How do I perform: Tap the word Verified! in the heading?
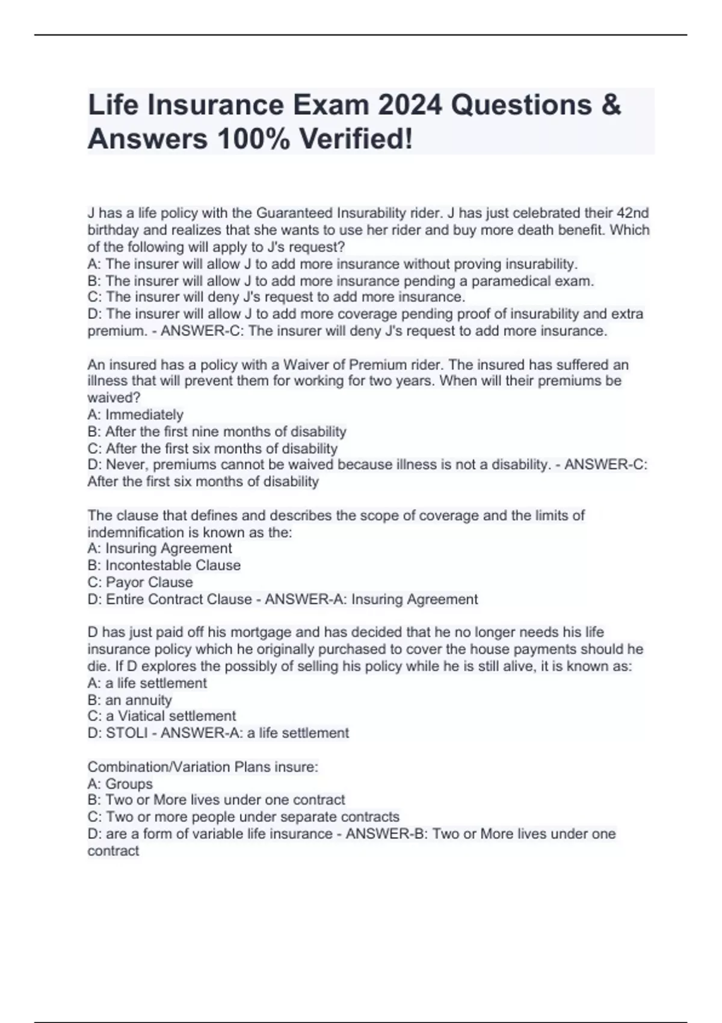(x=356, y=139)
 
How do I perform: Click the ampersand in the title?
(x=609, y=105)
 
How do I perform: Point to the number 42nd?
(x=633, y=213)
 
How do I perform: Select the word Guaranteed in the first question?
(x=295, y=213)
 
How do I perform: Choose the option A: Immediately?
(x=135, y=415)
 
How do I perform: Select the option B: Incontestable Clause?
(x=164, y=565)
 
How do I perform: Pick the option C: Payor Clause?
(x=140, y=582)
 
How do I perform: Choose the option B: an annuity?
(x=129, y=700)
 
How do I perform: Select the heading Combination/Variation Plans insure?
(x=203, y=767)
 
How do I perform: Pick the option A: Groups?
(x=120, y=783)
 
